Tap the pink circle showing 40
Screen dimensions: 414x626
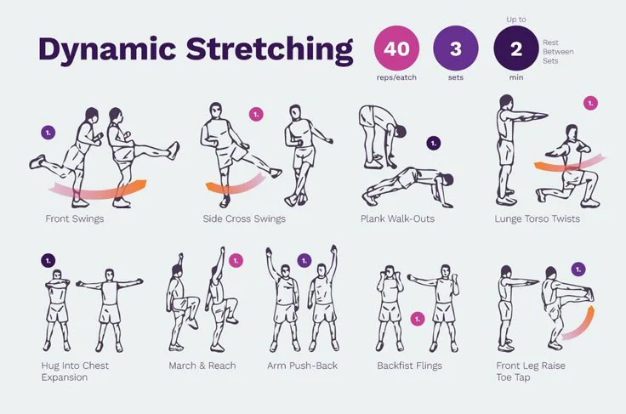tap(396, 48)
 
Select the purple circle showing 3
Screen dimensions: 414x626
tap(455, 48)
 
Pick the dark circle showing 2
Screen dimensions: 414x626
tap(515, 48)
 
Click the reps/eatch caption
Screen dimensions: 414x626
tap(396, 77)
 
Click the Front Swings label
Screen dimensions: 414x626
tap(75, 218)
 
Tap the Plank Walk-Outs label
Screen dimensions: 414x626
tap(397, 218)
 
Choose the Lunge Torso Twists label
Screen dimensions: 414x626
tap(537, 218)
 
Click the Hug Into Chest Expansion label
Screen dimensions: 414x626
tap(75, 371)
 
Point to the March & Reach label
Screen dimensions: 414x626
tap(202, 366)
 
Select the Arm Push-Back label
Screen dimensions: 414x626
tap(302, 366)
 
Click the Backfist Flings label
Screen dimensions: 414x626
tap(410, 366)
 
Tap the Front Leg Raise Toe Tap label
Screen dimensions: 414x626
tap(531, 371)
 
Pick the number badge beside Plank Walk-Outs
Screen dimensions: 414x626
tap(434, 143)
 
